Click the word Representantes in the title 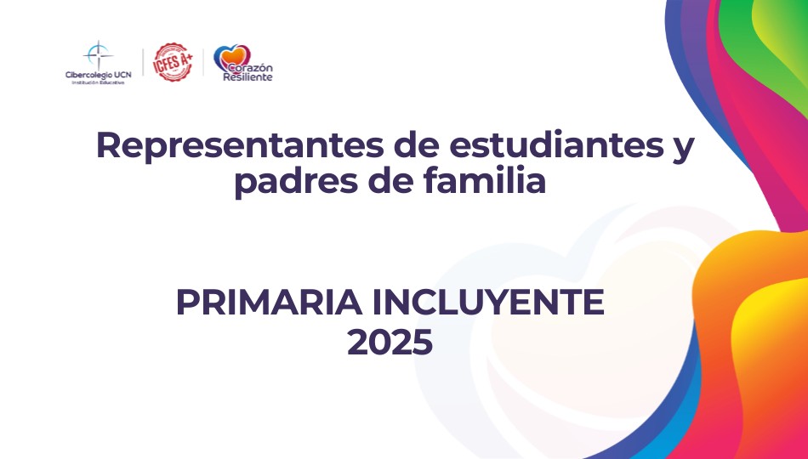[240, 146]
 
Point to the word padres [296, 182]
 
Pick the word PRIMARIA [269, 303]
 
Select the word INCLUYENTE [487, 303]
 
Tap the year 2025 [390, 343]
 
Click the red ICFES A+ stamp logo [174, 62]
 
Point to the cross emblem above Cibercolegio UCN [98, 54]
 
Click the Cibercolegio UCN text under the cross [98, 75]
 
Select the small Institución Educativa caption [98, 82]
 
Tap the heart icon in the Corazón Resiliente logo [231, 57]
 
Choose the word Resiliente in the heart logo [248, 77]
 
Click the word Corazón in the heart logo [250, 68]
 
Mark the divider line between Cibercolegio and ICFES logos [143, 62]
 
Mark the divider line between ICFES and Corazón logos [203, 62]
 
